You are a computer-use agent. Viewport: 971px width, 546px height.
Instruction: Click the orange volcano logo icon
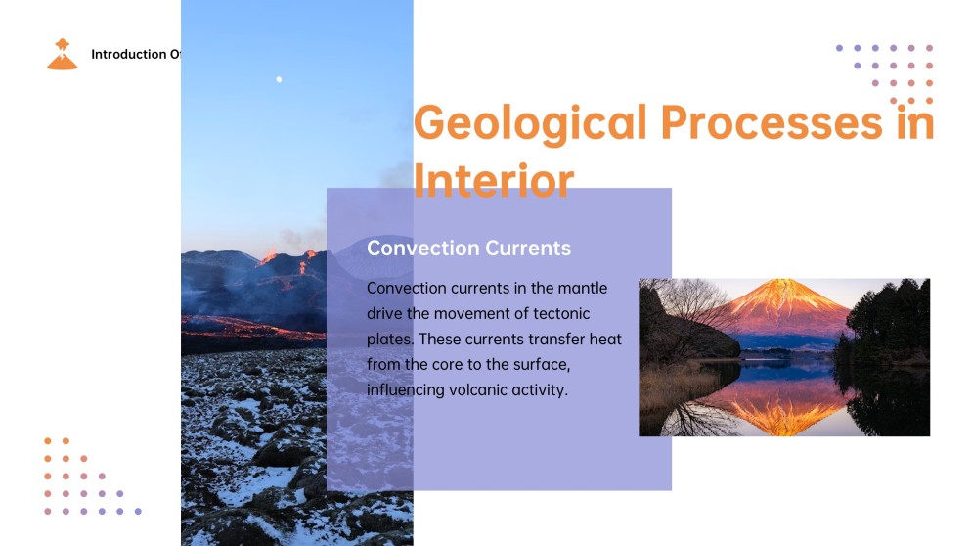(62, 55)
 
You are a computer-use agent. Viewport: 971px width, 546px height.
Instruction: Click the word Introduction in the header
(128, 55)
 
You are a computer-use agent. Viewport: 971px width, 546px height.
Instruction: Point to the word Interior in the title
(493, 180)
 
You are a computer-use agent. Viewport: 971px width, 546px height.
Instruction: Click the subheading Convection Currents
(468, 248)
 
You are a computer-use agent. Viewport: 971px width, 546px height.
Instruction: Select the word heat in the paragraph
(603, 339)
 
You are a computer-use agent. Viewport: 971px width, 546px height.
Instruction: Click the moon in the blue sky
(279, 79)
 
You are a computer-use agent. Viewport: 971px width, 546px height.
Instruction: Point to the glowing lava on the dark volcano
(268, 258)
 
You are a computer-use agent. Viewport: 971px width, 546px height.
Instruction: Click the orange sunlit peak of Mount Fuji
(781, 294)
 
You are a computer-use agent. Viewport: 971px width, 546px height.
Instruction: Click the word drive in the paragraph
(384, 313)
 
